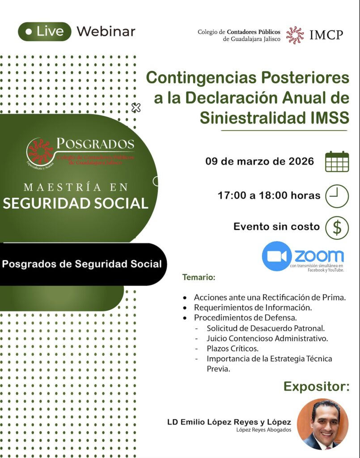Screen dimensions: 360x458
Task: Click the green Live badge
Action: coord(44,32)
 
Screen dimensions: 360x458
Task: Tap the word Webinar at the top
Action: coord(106,32)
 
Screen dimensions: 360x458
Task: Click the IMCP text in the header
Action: coord(326,35)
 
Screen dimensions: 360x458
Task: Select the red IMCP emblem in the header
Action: coord(295,35)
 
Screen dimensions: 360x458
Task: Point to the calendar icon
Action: coord(337,161)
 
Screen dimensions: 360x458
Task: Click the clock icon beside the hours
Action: coord(337,196)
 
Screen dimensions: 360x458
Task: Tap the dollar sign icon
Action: coord(337,228)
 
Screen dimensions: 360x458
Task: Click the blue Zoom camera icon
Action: coord(276,256)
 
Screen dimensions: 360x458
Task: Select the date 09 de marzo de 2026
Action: coord(259,161)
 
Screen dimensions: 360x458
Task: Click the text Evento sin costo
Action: coord(276,227)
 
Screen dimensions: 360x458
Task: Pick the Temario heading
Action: coord(199,277)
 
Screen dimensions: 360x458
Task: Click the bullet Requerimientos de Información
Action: coord(253,308)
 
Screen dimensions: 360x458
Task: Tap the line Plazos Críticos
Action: coord(233,348)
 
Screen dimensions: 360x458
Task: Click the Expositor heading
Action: coord(317,386)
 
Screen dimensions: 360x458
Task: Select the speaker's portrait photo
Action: coord(322,424)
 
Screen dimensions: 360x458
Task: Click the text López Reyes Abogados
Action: coord(264,430)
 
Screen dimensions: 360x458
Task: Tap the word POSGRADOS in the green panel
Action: coord(95,144)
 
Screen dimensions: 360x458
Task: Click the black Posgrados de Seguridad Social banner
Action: coord(82,264)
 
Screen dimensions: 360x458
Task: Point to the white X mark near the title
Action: coord(136,108)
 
